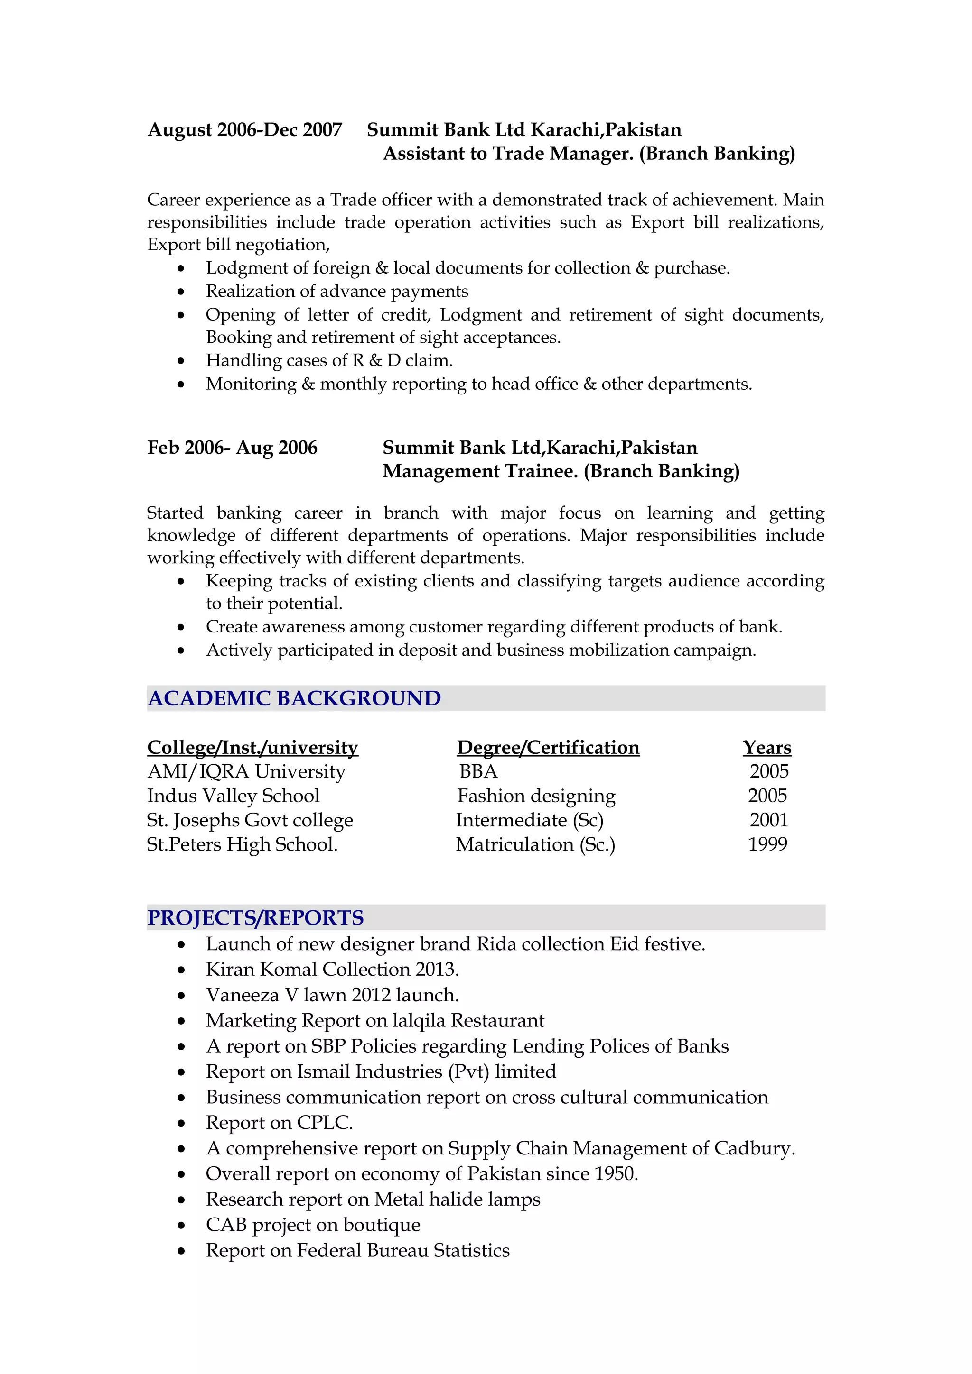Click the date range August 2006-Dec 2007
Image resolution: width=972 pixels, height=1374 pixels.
coord(244,130)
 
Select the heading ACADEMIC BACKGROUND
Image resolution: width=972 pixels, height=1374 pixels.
coord(294,698)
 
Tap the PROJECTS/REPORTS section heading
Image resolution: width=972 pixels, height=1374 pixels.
coord(255,917)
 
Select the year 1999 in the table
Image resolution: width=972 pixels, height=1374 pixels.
coord(767,844)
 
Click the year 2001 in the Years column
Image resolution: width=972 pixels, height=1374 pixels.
coord(769,820)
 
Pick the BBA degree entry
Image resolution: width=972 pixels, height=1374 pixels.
coord(478,771)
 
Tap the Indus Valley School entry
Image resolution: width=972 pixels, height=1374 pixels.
coord(233,796)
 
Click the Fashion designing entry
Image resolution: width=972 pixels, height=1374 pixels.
coord(536,796)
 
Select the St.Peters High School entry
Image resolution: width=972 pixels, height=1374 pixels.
coord(242,844)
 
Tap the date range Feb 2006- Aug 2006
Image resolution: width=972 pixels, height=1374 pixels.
coord(233,448)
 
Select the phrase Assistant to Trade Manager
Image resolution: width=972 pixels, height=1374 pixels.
coord(508,154)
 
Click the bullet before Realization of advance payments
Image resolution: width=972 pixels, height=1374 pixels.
coord(181,292)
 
